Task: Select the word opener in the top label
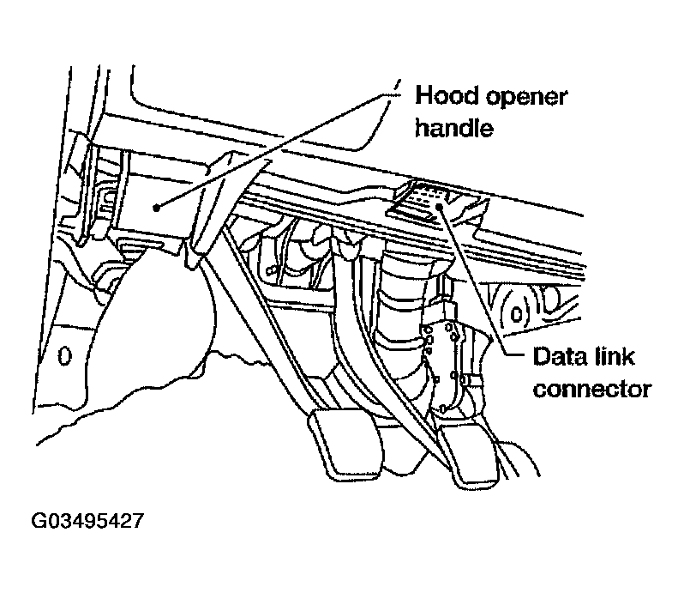point(524,95)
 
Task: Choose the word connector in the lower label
point(591,389)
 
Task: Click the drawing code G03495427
point(88,521)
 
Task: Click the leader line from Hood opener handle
point(274,146)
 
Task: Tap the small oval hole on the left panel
point(62,354)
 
